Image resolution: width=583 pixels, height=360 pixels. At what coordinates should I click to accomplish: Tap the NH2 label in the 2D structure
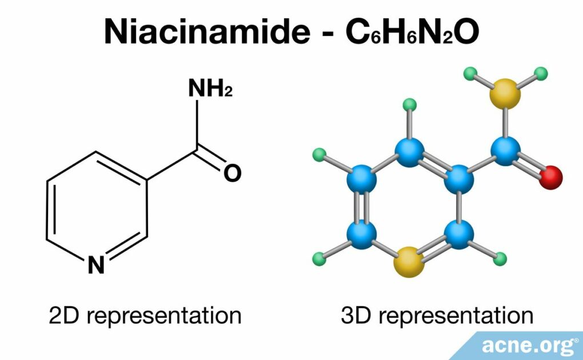[x=209, y=89]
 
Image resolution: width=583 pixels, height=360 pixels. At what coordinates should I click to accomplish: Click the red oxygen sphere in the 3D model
[x=551, y=177]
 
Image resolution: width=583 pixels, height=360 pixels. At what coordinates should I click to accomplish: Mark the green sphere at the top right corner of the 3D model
[x=540, y=74]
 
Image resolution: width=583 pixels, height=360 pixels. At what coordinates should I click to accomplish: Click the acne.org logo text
[x=528, y=345]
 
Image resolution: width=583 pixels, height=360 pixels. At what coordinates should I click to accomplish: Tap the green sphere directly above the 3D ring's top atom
[x=409, y=105]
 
